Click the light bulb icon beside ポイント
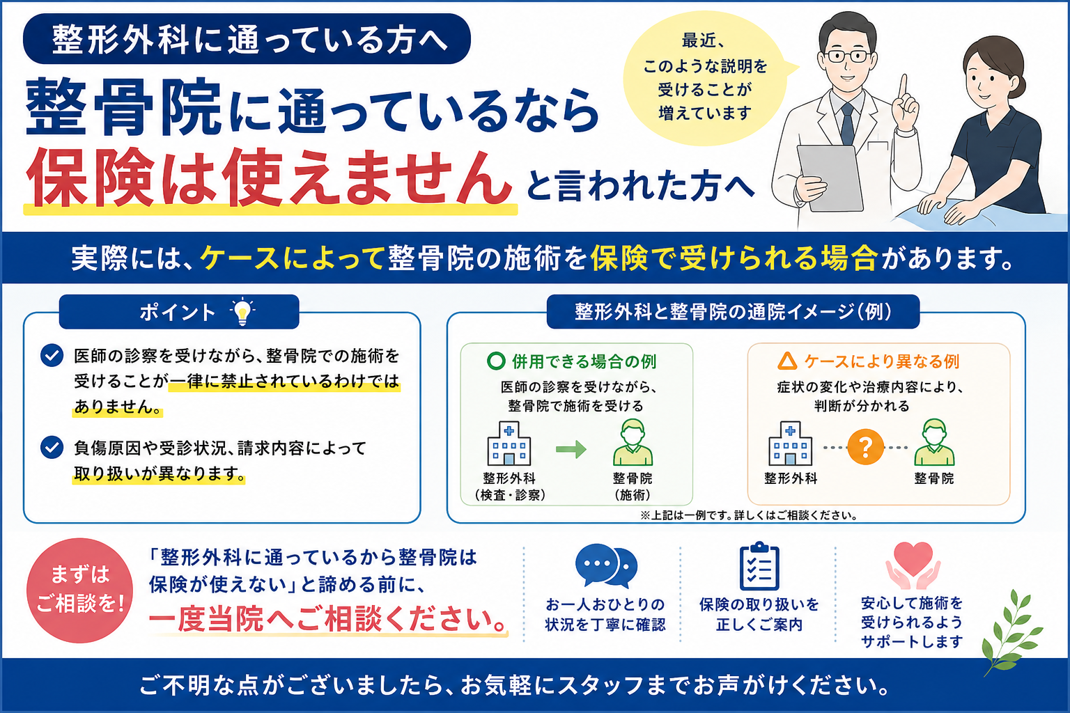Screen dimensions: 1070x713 tap(242, 312)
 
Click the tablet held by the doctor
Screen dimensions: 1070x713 tap(831, 178)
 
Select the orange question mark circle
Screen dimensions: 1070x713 tap(865, 447)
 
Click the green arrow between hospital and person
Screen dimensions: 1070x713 tap(571, 449)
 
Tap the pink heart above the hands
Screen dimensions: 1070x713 tap(913, 558)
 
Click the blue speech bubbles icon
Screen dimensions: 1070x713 tap(606, 566)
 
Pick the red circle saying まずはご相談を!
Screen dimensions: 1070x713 tap(80, 590)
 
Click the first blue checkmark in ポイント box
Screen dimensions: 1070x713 tap(52, 355)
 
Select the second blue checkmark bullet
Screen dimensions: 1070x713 tap(52, 448)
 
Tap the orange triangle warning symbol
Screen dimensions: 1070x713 tap(787, 361)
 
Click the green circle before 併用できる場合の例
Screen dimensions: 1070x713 tap(496, 361)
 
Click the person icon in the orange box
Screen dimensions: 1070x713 tap(934, 442)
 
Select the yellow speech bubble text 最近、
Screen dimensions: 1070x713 tap(703, 40)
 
